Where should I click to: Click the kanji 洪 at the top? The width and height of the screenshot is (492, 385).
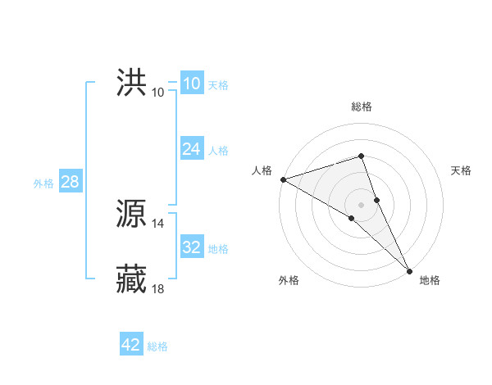coord(132,84)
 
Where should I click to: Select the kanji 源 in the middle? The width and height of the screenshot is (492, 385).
coord(132,215)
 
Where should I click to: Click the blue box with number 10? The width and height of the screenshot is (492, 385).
coord(192,84)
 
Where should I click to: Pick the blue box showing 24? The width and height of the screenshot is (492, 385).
coord(192,150)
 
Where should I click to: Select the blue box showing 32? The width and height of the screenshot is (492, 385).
coord(192,247)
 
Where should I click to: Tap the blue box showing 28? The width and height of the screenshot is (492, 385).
coord(70,182)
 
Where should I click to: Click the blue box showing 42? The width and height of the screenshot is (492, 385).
coord(131,345)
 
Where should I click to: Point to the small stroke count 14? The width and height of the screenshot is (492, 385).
coord(158,223)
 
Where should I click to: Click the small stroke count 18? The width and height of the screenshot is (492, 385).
coord(158,288)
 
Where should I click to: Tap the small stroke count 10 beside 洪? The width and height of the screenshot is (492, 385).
coord(158,92)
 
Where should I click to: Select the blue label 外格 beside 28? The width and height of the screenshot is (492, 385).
coord(43,183)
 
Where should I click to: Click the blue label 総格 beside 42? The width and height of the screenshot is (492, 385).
coord(157,346)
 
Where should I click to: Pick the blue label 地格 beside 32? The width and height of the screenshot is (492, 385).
coord(218,249)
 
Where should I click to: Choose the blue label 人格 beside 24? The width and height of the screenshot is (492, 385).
coord(218,151)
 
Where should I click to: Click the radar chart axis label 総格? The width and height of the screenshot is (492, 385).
coord(362,106)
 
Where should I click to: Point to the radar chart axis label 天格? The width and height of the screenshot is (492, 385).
coord(462,170)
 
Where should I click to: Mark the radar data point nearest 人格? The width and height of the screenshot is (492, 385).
coord(283,179)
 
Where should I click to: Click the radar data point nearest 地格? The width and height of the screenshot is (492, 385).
coord(409,269)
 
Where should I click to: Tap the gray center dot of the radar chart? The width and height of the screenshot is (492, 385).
coord(362,204)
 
